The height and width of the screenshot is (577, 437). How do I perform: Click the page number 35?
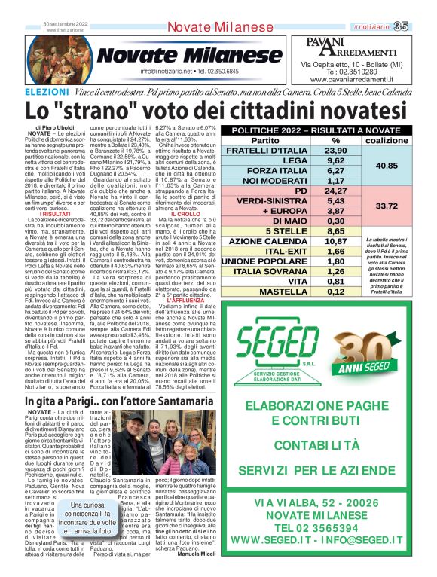421,27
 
